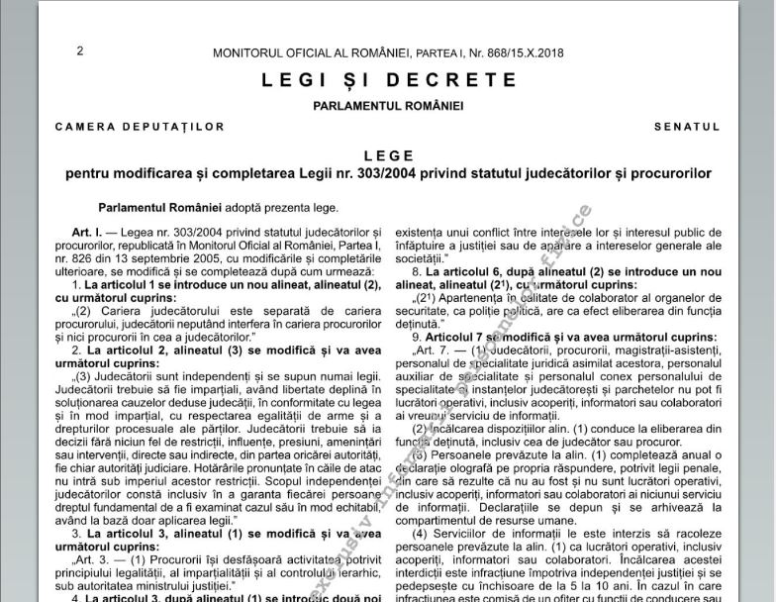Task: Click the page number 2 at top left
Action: point(80,51)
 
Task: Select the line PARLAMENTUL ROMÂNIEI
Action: point(388,106)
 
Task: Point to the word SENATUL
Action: point(687,127)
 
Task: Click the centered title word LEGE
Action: point(388,156)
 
